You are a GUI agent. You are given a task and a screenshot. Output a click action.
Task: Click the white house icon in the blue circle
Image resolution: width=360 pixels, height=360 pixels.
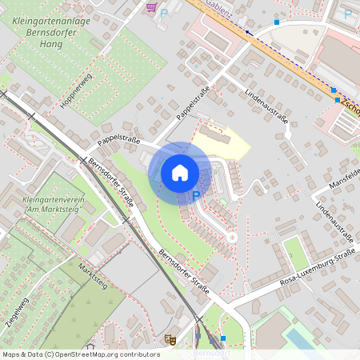180,172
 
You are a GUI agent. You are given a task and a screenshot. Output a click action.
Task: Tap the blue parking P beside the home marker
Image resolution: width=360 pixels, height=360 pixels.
195,196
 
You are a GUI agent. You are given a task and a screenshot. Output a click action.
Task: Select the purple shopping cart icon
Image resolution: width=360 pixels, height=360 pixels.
152,7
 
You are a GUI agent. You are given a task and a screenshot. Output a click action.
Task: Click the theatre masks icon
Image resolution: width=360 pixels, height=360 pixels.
169,339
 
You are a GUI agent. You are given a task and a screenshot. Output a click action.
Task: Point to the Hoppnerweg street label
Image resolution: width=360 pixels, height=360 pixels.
76,90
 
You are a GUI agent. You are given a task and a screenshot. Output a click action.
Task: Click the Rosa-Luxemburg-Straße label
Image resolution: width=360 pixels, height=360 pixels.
317,270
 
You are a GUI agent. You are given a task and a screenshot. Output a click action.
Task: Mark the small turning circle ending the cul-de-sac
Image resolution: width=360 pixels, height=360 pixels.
232,237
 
